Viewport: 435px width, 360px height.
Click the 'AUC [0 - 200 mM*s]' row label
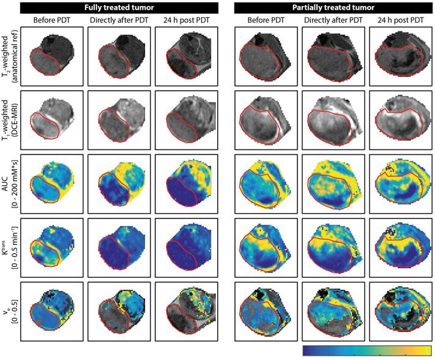[x=10, y=183]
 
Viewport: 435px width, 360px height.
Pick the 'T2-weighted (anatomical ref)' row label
[x=10, y=56]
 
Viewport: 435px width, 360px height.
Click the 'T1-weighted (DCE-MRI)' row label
[x=10, y=120]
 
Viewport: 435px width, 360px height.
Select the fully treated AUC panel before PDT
[x=51, y=183]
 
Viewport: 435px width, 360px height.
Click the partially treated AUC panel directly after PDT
[x=333, y=183]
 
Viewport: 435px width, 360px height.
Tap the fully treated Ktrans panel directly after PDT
[x=119, y=247]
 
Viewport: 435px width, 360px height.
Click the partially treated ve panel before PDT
[x=266, y=310]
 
